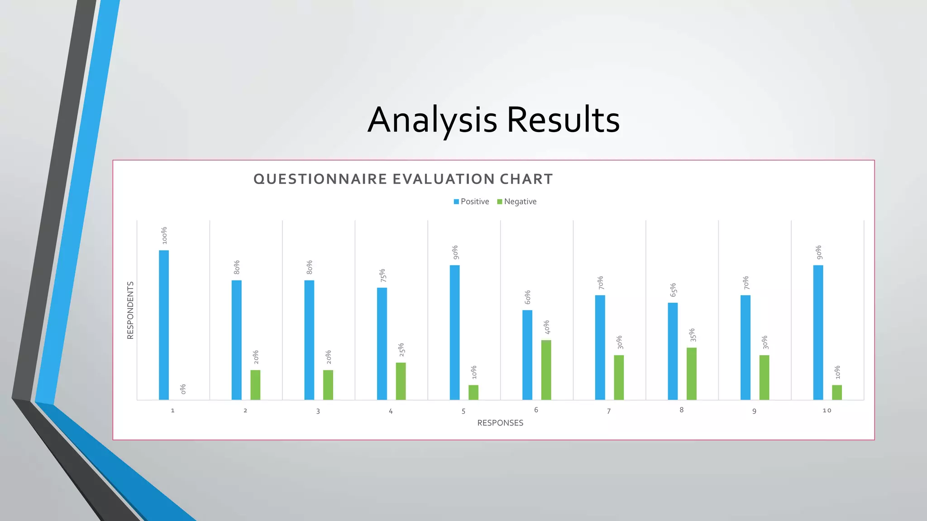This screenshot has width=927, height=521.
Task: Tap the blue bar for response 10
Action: click(x=818, y=332)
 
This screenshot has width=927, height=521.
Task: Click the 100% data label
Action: click(x=164, y=236)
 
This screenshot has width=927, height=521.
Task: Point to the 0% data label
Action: click(x=183, y=389)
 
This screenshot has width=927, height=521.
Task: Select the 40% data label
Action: click(x=547, y=327)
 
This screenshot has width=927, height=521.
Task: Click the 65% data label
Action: click(x=673, y=290)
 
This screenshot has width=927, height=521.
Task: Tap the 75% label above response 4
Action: click(x=382, y=275)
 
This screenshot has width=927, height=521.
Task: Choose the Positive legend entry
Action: click(x=472, y=202)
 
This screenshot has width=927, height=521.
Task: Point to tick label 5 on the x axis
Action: click(x=463, y=411)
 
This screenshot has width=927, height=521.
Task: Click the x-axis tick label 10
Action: click(x=827, y=411)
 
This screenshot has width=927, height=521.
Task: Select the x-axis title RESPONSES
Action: click(x=500, y=423)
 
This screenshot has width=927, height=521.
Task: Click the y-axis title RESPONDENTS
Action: click(x=130, y=310)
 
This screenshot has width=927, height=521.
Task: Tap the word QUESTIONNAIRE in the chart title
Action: click(x=320, y=179)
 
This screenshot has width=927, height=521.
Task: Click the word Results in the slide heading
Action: click(x=563, y=120)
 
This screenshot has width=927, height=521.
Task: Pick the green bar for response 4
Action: click(x=401, y=381)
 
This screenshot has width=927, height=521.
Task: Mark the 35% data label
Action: click(x=692, y=335)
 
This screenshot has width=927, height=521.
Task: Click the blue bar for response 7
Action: click(x=600, y=347)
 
